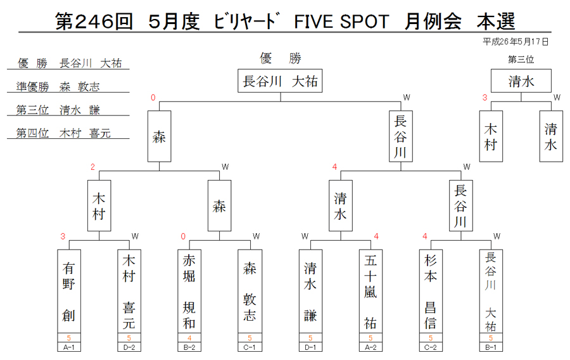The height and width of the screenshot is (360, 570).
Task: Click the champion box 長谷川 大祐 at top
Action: (x=280, y=80)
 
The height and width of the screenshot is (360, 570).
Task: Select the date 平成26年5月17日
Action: (x=516, y=42)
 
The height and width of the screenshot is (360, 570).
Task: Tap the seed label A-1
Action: (x=68, y=347)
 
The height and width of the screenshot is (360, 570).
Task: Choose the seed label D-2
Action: (x=129, y=347)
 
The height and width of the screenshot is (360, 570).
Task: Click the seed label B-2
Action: (x=189, y=347)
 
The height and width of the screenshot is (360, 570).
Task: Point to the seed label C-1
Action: (x=250, y=347)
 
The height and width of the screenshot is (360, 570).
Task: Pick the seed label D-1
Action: (x=310, y=347)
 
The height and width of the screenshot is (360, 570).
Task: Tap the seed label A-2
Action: (x=370, y=347)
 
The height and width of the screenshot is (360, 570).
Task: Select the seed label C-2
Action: (x=431, y=347)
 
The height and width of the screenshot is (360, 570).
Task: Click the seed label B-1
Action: (x=491, y=347)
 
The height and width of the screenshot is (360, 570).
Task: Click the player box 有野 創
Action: (x=68, y=292)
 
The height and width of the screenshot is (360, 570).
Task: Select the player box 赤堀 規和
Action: (x=189, y=292)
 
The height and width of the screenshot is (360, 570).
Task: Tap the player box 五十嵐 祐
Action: (x=370, y=292)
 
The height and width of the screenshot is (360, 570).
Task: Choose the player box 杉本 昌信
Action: (x=431, y=292)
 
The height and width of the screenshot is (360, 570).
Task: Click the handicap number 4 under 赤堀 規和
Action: (x=189, y=338)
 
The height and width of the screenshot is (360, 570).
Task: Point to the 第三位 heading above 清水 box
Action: (x=521, y=60)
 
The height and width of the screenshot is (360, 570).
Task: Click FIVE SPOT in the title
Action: (x=342, y=22)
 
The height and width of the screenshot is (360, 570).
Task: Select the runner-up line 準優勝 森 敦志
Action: (x=58, y=87)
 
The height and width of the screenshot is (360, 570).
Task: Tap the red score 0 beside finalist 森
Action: (x=153, y=98)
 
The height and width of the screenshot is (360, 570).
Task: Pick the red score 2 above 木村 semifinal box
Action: (x=92, y=167)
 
